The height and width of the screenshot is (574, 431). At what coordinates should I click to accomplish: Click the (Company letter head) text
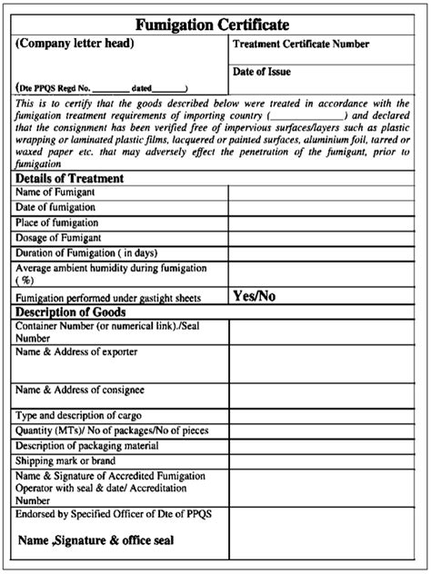pyautogui.click(x=75, y=43)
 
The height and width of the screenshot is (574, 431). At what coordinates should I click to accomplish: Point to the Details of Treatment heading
pyautogui.click(x=70, y=178)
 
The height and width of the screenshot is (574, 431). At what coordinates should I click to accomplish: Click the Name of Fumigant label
pyautogui.click(x=55, y=193)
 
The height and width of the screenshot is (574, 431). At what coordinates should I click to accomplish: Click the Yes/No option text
pyautogui.click(x=254, y=296)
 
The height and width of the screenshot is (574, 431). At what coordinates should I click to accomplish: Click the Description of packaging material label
pyautogui.click(x=88, y=446)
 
